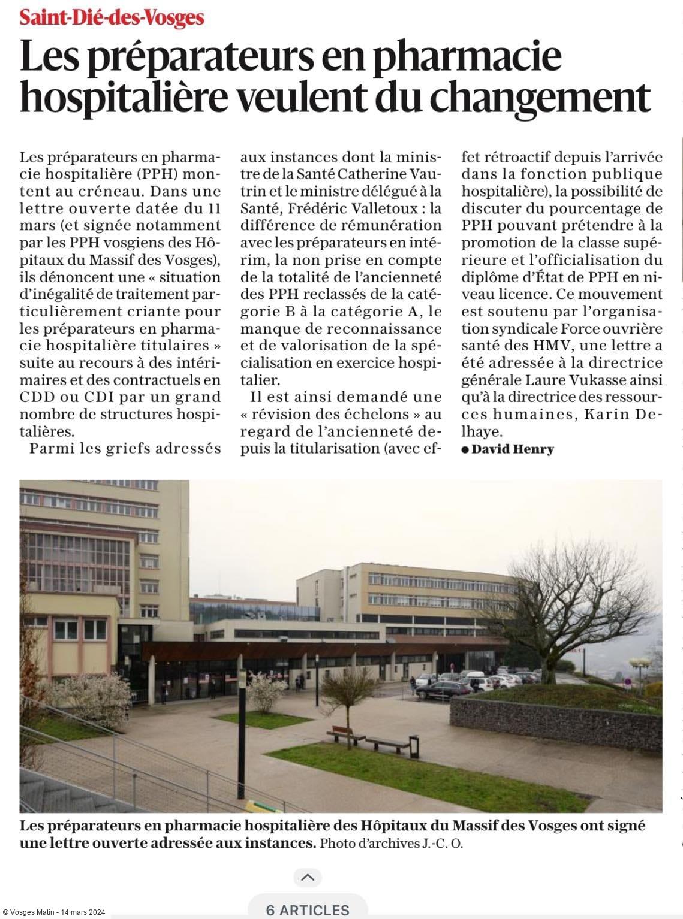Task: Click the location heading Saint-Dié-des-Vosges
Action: click(112, 18)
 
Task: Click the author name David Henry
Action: click(513, 449)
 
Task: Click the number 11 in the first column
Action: click(213, 208)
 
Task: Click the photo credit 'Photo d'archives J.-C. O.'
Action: click(392, 844)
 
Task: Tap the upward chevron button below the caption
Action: click(308, 878)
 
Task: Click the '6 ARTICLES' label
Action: click(308, 910)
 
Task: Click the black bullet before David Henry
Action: click(465, 449)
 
